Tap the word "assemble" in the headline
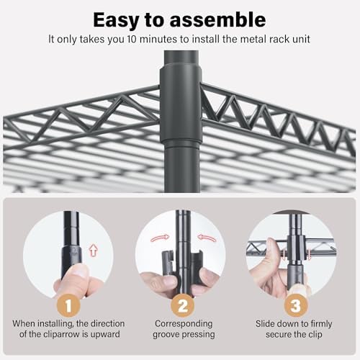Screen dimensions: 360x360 [217, 19]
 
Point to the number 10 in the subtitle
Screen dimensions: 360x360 [132, 39]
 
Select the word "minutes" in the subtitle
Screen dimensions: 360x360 [159, 39]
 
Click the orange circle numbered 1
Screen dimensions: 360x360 [68, 305]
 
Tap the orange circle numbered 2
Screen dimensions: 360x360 [183, 305]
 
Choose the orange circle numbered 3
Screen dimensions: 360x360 [296, 305]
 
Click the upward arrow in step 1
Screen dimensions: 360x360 [93, 251]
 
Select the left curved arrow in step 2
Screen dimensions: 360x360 [160, 238]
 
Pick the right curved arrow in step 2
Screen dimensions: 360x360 [207, 238]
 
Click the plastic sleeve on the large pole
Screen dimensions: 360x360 [181, 105]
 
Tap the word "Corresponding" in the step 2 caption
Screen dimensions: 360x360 [184, 323]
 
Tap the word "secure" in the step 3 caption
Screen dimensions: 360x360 [279, 335]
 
